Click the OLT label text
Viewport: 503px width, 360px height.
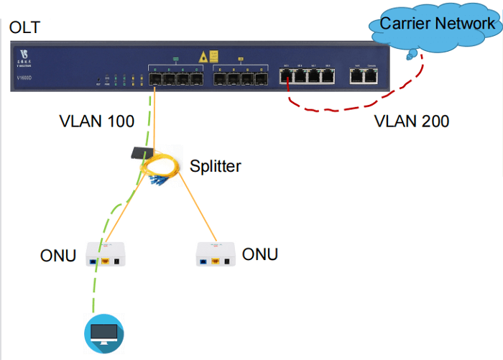[25, 29]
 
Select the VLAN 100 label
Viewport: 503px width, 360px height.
[96, 121]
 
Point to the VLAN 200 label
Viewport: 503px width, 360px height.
[412, 121]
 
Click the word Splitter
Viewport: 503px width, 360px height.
[216, 167]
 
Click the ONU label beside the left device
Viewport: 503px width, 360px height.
[58, 256]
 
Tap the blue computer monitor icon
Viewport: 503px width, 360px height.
[100, 333]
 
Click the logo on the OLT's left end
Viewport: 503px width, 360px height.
[26, 55]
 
